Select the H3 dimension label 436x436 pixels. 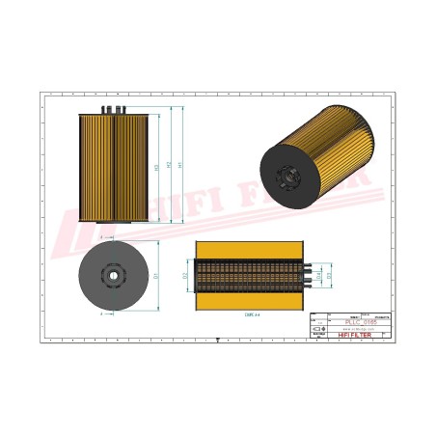point(156,167)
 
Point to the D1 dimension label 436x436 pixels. point(157,276)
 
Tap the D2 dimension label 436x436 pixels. point(184,275)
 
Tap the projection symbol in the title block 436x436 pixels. point(319,330)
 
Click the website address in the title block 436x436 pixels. point(352,329)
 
